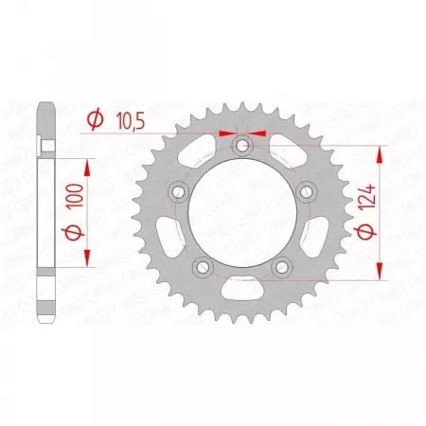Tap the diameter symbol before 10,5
95,120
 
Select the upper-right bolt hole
305,192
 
